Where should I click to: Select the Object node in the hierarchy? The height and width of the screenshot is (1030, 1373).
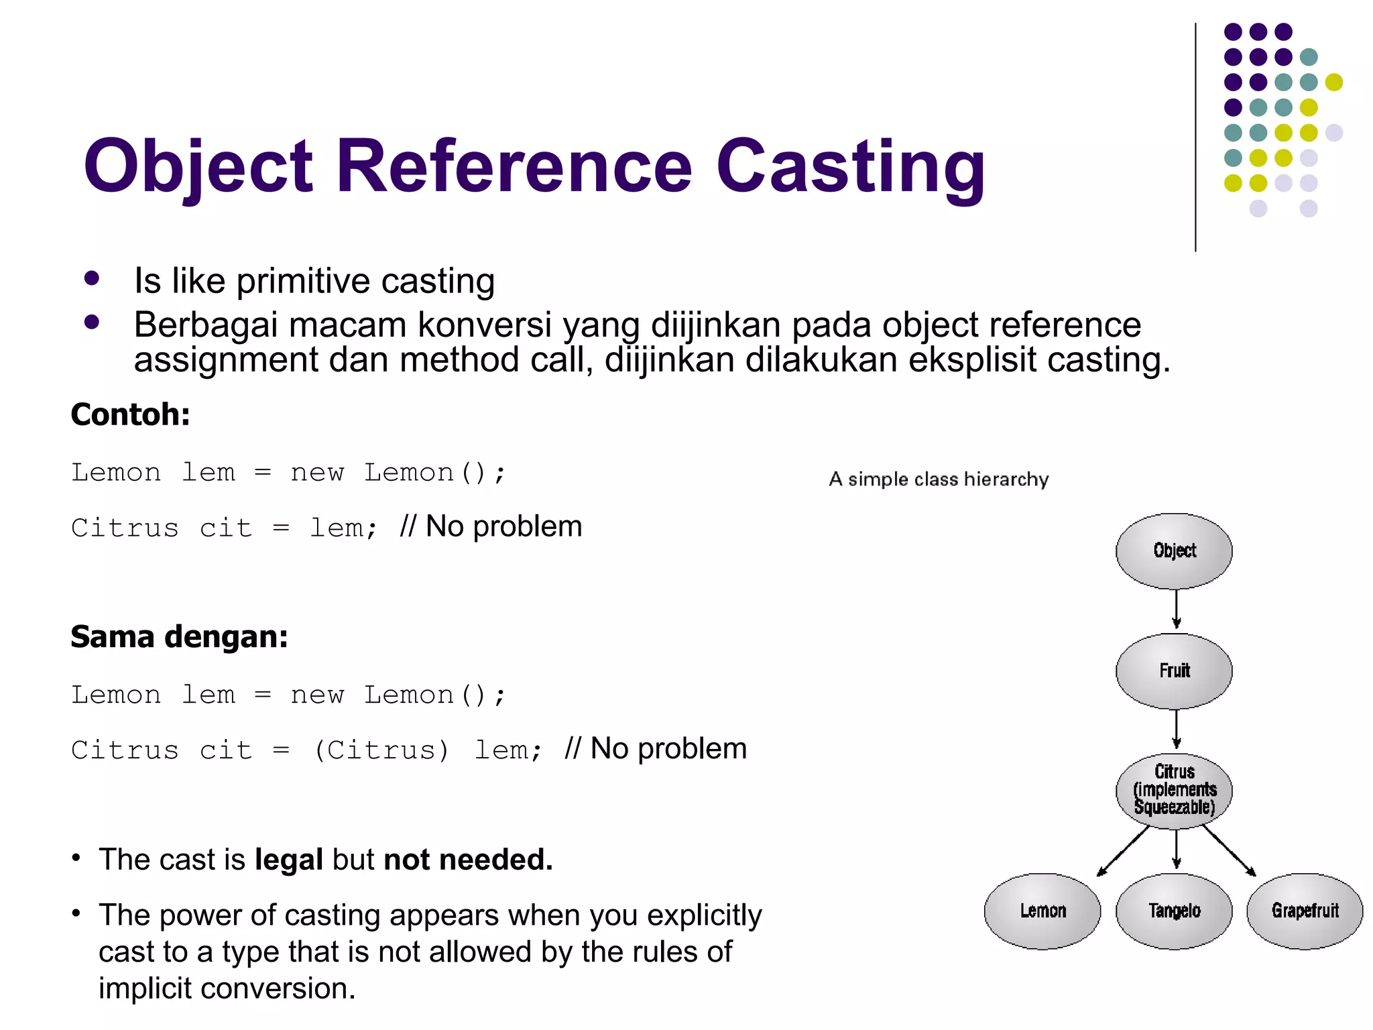click(x=1174, y=551)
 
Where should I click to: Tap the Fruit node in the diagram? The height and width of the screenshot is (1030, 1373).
click(x=1174, y=671)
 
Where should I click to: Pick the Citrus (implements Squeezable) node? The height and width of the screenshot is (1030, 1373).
click(x=1174, y=790)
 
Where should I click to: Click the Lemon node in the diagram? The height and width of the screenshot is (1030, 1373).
click(x=1042, y=911)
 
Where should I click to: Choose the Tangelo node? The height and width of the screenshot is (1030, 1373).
click(x=1174, y=911)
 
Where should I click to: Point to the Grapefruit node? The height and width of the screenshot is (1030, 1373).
click(x=1305, y=911)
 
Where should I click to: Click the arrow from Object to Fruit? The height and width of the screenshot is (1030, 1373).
click(x=1176, y=609)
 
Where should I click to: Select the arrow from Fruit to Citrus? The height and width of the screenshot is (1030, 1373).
click(x=1176, y=730)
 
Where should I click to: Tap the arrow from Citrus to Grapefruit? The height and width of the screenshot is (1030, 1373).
click(x=1228, y=850)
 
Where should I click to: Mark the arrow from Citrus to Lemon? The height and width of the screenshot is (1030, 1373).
click(x=1124, y=850)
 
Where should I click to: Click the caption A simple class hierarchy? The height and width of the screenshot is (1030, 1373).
click(x=939, y=479)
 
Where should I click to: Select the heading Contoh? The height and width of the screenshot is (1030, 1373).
click(x=130, y=414)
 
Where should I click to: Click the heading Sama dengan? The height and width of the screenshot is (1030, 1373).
click(x=179, y=636)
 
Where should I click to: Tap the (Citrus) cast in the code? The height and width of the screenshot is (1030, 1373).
click(x=381, y=750)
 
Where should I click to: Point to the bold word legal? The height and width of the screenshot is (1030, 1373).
click(x=289, y=860)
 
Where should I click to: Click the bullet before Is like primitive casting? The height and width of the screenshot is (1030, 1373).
click(x=92, y=278)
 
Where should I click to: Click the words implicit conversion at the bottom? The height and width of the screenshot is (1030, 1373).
click(x=227, y=988)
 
